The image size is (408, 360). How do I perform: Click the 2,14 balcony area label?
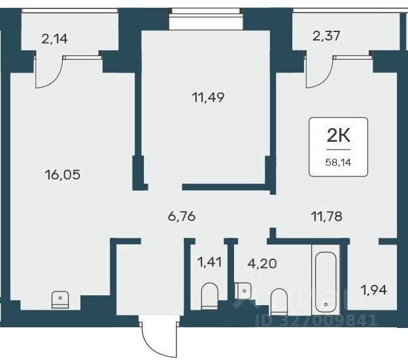pos(55,39)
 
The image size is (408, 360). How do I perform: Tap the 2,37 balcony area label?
pos(326,36)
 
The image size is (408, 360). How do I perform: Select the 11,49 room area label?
pos(208,97)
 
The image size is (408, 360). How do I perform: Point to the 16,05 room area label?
pos(63,174)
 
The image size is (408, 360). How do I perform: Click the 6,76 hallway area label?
pos(182,216)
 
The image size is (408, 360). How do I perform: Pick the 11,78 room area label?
pos(326,216)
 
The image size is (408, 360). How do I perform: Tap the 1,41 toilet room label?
pos(209,262)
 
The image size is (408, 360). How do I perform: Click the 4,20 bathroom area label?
pos(262,263)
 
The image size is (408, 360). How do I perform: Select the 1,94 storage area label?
pos(374,289)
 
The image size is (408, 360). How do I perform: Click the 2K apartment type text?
pos(338,136)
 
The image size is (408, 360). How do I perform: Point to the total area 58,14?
pos(338,163)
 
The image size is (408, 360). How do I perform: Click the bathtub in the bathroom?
pos(326,282)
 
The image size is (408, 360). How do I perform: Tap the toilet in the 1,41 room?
pos(210,296)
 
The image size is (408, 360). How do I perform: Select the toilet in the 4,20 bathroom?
pos(279,301)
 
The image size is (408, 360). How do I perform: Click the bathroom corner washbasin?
pos(243,291)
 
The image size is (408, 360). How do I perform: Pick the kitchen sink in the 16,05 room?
pos(60,300)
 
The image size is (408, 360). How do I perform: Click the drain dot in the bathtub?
pos(326,304)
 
